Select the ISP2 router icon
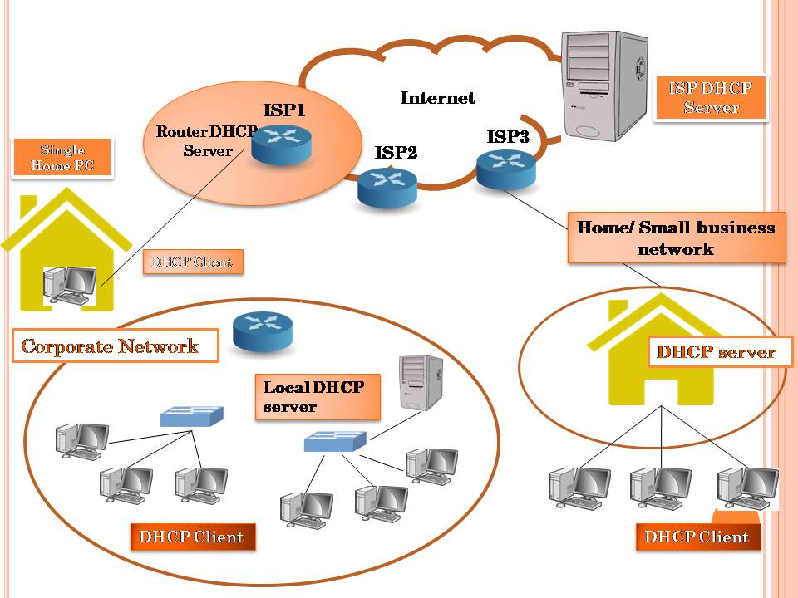click(x=387, y=186)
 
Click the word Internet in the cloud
click(x=438, y=98)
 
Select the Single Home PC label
click(x=63, y=157)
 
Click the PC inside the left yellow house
click(x=70, y=285)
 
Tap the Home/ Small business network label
click(x=676, y=238)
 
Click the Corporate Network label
click(x=110, y=346)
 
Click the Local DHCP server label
click(x=316, y=396)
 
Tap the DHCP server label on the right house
click(x=716, y=351)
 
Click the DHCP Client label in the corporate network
click(x=191, y=536)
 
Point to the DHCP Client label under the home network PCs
click(x=697, y=536)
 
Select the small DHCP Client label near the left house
click(x=193, y=262)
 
